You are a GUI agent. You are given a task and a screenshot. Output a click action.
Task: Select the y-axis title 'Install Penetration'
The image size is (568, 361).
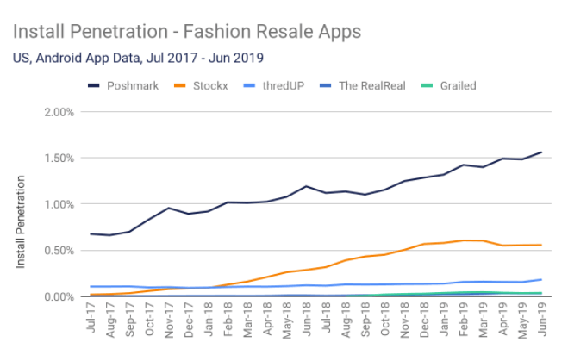20,221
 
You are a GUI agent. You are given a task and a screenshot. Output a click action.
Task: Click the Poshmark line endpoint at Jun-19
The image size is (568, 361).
541,152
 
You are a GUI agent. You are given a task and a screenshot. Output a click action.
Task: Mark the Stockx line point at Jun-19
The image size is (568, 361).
541,245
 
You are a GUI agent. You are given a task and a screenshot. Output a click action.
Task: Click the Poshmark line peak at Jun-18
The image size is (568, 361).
307,186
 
